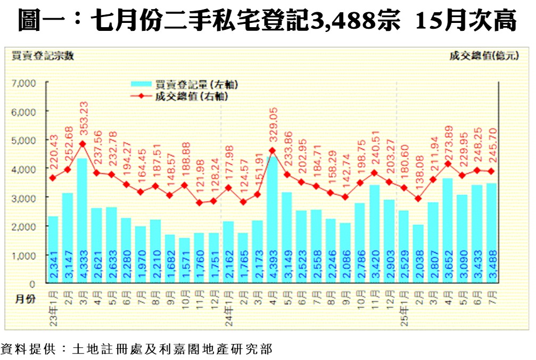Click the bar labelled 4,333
coord(82,220)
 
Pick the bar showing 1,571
coord(184,260)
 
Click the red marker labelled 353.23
coord(83,144)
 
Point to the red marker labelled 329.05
coord(272,151)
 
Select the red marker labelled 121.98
coord(199,203)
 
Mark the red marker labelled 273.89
coord(448,163)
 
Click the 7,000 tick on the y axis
coord(23,83)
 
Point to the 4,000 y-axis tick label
coord(23,169)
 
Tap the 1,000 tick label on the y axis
coord(23,256)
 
